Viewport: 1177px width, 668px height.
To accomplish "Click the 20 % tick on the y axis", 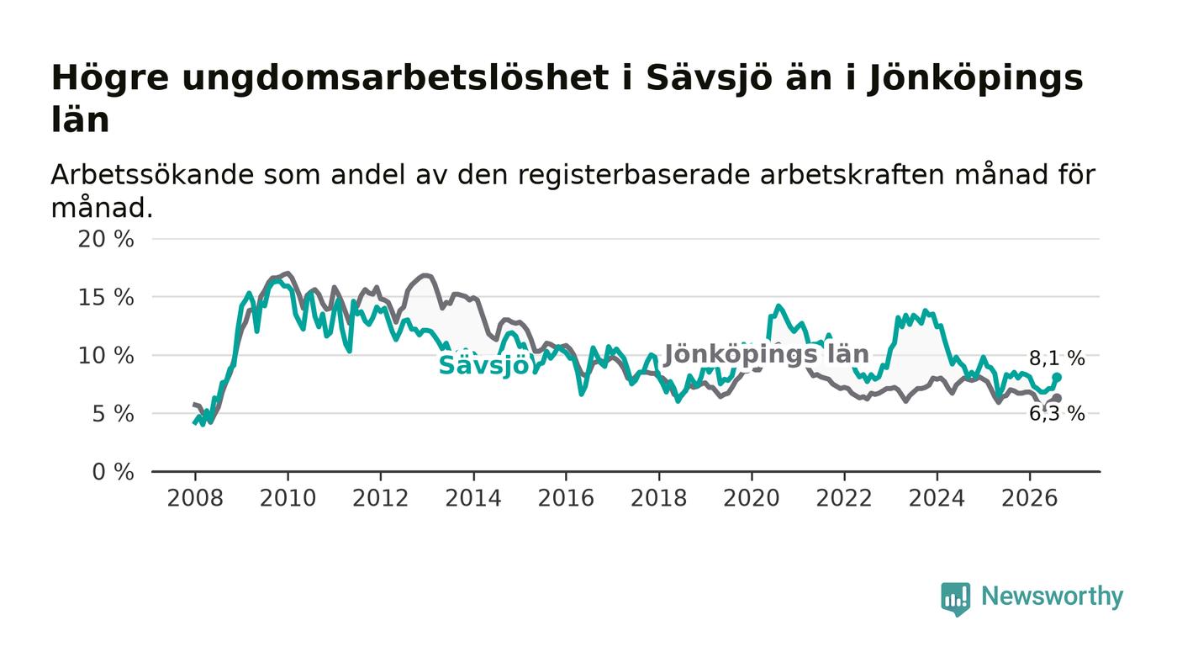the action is tap(106, 239).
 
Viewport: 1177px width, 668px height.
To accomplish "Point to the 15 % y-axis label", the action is tap(106, 298).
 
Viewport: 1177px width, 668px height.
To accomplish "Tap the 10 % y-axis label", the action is tap(106, 356).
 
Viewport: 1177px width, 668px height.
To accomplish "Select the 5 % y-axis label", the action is tap(113, 415).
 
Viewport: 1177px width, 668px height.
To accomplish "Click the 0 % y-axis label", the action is tap(113, 472).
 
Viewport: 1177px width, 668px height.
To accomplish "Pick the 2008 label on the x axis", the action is tap(195, 498).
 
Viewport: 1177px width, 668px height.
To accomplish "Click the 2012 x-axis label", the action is tap(380, 498).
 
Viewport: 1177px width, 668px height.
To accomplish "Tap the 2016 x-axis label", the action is tap(566, 498).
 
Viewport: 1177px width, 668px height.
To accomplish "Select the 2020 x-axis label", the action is tap(752, 498).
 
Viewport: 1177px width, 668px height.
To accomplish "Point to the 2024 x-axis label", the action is tap(937, 498).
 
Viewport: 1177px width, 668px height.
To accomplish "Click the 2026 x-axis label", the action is tap(1029, 498).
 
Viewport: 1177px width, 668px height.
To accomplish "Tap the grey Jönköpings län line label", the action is tap(767, 354).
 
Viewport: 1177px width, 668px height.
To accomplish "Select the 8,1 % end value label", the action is tap(1057, 358).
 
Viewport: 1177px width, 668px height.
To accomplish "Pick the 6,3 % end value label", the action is tap(1057, 414).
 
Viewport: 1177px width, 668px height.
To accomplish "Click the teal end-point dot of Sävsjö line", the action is tap(1058, 377).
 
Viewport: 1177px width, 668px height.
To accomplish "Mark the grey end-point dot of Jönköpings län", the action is tap(1058, 398).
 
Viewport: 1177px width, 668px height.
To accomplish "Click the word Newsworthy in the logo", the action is tap(1052, 596).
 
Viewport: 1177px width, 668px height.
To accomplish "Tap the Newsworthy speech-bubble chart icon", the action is tap(955, 599).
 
